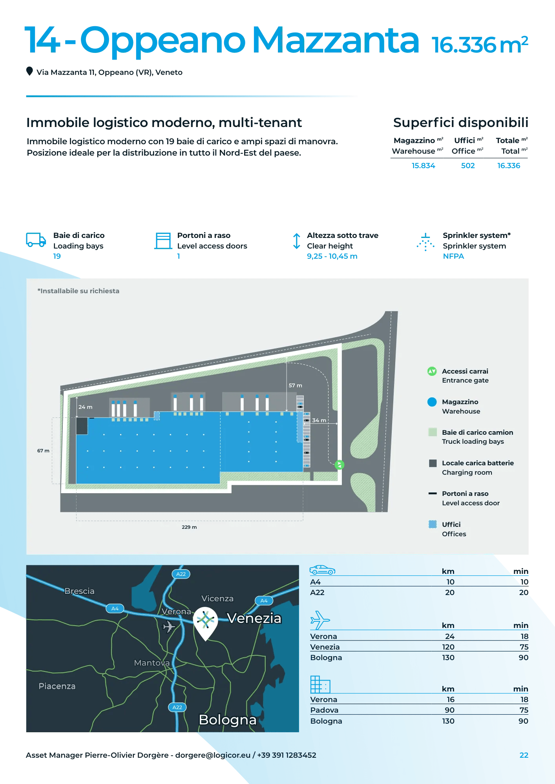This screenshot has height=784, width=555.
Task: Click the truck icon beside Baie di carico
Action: [36, 240]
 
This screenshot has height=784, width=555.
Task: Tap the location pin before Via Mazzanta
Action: [29, 71]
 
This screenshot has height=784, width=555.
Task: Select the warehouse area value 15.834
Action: [423, 166]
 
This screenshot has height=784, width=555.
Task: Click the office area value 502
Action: [467, 166]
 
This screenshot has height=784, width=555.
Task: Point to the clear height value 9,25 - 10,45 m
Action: [332, 256]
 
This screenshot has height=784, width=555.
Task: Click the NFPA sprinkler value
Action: [453, 256]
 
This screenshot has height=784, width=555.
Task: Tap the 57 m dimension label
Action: [295, 386]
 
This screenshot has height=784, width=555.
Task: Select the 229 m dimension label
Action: [189, 527]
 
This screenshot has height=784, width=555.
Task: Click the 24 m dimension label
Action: [85, 407]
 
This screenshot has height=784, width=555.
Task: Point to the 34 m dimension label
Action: [319, 421]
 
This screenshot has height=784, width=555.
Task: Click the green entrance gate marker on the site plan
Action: [339, 465]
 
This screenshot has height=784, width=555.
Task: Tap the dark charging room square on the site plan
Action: [82, 426]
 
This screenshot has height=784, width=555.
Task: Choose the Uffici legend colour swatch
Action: [433, 524]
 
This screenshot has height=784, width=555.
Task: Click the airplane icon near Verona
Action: [169, 626]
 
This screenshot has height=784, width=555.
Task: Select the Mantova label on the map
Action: [152, 663]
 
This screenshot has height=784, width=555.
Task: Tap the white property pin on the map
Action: [206, 622]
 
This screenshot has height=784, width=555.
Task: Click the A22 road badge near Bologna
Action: [177, 708]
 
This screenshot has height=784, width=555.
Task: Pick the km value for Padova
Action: [449, 710]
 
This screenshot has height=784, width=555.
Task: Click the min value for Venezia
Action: [524, 647]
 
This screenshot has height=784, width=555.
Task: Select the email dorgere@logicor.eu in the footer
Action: [213, 755]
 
